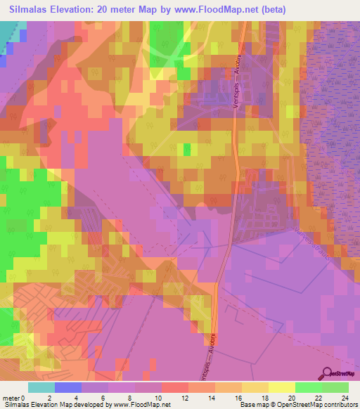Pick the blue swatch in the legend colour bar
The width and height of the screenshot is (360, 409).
click(67, 387)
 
